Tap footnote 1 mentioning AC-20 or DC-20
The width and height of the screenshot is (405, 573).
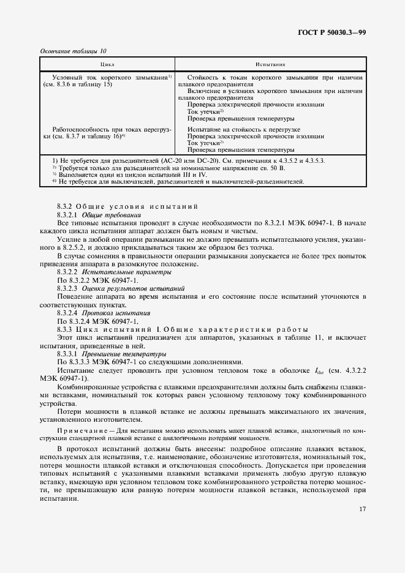[184, 161]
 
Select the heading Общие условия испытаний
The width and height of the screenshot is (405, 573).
[130, 208]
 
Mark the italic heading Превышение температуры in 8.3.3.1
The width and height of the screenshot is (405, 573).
[122, 354]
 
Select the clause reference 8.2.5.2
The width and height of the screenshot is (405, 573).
[70, 255]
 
